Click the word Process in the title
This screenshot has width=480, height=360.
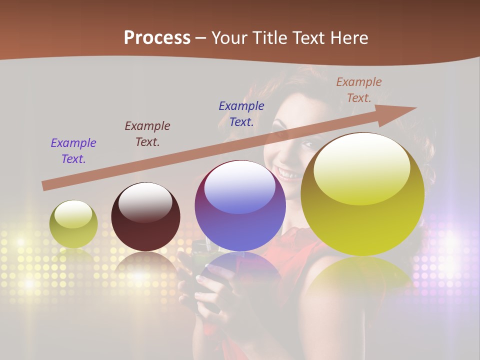coord(157,38)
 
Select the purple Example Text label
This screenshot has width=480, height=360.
coord(73,150)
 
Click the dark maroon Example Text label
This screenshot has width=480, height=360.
coord(147,133)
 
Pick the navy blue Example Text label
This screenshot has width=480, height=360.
coord(241,113)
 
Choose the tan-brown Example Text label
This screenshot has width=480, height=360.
coord(359,89)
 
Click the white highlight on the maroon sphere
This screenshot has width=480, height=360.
coord(145,203)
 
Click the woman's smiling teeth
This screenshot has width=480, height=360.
coord(289,174)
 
